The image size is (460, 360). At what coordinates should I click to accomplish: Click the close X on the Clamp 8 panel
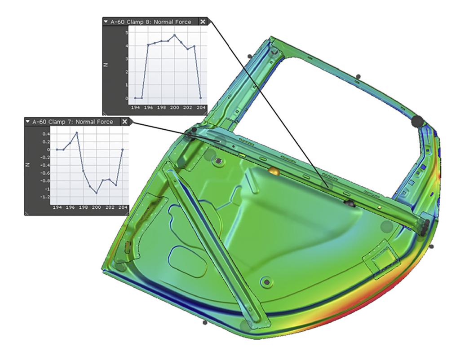coord(203,22)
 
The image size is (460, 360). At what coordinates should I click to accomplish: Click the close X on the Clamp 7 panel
coord(125,122)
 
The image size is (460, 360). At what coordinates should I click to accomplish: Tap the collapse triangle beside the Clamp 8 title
coord(106,22)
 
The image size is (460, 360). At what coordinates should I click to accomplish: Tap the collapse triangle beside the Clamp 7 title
coord(27,122)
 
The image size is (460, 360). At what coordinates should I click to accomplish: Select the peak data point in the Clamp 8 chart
coord(175,35)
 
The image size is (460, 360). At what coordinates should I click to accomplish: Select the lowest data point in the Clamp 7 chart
coord(96,193)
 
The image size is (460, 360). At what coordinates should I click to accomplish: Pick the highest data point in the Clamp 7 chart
coord(77,132)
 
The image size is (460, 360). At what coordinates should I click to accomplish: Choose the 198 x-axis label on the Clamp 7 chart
coord(84,208)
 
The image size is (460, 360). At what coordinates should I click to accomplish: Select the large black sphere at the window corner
coord(417,121)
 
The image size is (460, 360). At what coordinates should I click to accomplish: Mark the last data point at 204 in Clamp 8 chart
coord(200,98)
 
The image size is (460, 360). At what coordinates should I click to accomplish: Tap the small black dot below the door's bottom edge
coord(205,322)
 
